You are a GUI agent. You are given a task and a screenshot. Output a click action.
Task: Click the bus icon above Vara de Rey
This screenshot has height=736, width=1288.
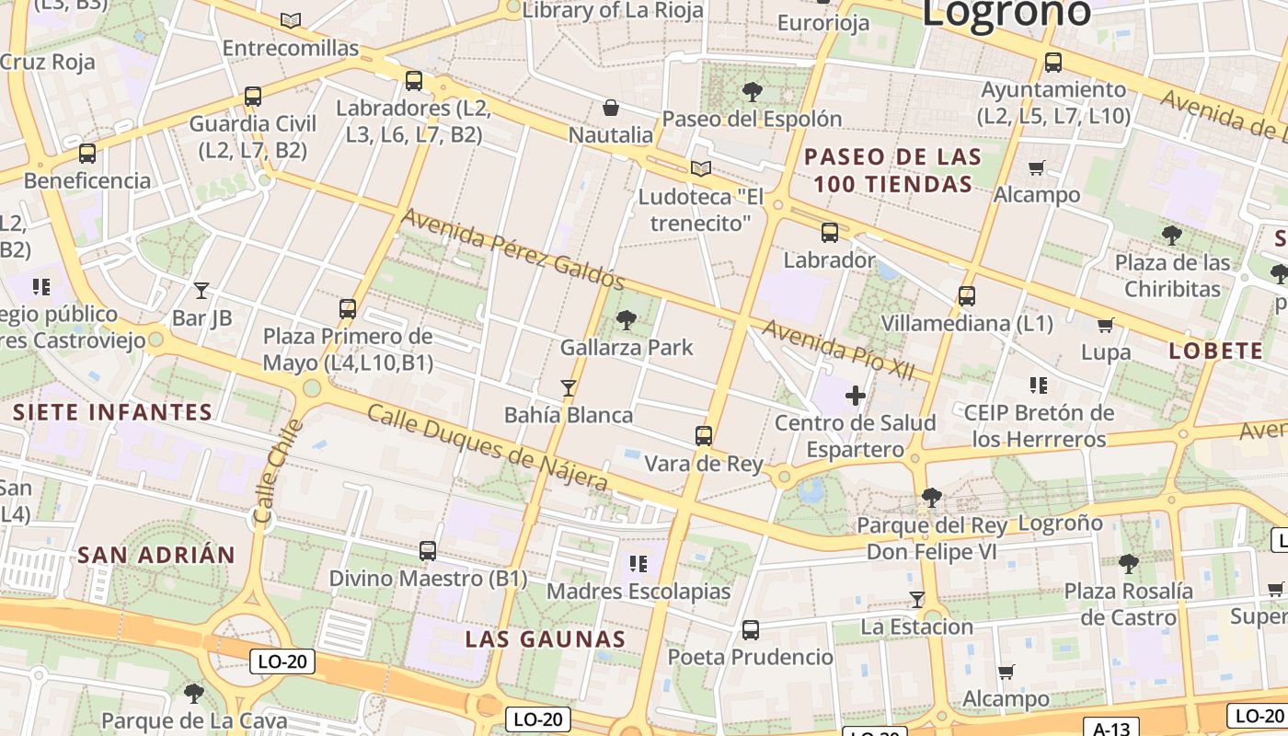704,435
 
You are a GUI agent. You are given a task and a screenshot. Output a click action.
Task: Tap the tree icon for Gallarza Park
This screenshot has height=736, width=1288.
627,320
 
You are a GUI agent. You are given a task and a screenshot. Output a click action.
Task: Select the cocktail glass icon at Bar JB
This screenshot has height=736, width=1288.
201,291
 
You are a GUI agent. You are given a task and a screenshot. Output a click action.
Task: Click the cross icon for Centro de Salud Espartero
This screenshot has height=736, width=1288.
856,396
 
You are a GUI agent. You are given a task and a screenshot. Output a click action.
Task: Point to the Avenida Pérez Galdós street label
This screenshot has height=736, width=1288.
513,249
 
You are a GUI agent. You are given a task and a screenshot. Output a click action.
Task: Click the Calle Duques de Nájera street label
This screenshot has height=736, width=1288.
488,447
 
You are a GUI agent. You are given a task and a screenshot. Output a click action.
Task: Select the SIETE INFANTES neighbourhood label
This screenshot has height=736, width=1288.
112,412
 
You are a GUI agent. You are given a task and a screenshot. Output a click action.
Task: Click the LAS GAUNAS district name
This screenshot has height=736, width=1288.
546,638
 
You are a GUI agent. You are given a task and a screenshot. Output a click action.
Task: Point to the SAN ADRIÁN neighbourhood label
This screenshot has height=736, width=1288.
156,555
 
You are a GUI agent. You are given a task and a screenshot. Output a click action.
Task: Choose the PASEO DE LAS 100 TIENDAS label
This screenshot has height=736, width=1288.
892,170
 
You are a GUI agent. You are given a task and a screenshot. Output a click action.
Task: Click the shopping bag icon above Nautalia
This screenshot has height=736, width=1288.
610,108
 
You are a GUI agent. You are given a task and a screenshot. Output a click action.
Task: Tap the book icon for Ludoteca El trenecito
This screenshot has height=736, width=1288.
701,168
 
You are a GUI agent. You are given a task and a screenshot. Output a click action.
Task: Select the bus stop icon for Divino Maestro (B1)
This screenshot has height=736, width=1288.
428,551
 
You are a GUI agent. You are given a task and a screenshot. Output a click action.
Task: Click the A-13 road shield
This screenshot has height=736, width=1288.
1111,729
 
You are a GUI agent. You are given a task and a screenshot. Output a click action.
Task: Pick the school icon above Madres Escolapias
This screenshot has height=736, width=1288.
638,563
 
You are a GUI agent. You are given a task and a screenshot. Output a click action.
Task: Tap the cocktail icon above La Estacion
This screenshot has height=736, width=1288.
916,600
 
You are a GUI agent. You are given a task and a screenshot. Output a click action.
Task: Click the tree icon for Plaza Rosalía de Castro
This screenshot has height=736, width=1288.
1129,563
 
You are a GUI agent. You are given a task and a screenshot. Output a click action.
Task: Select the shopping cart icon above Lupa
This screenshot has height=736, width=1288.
1105,325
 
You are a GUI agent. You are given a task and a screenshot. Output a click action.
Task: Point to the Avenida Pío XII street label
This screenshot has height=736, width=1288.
839,350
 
